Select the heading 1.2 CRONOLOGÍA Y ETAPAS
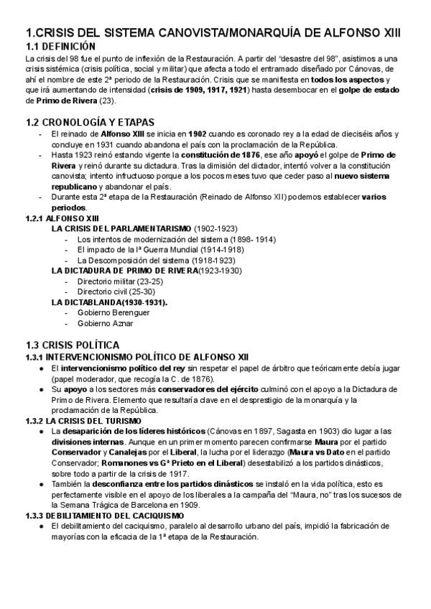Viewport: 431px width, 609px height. pos(89,122)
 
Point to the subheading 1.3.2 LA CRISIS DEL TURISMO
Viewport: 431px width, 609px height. pos(83,420)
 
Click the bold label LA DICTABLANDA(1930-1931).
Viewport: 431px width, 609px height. pos(109,302)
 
